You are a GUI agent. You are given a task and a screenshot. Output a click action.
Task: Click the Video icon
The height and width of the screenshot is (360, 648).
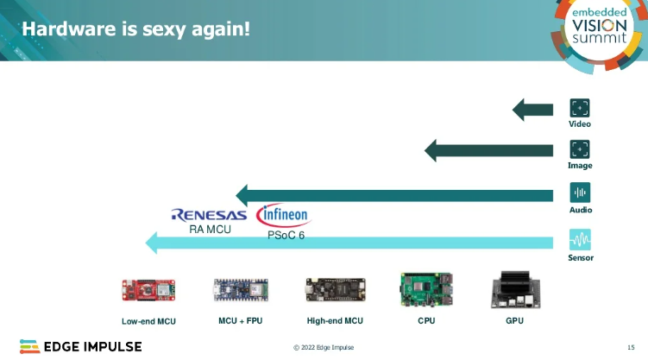pos(579,109)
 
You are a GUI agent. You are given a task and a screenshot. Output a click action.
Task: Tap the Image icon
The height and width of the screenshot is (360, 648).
pos(579,149)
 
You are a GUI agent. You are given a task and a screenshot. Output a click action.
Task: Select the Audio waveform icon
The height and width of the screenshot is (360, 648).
pos(579,193)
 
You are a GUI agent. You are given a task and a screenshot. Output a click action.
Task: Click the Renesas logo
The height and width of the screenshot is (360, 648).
pos(209,215)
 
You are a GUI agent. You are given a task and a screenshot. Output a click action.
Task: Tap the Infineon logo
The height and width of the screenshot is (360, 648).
pos(282,215)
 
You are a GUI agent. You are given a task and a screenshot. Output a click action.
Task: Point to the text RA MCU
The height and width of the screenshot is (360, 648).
pos(207,230)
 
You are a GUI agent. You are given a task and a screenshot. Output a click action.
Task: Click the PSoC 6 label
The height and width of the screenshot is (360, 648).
pos(286,236)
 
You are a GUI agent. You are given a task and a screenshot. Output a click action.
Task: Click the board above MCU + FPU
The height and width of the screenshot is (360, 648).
pos(239,292)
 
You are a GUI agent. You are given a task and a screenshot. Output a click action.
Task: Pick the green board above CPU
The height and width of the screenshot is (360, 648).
pos(425,291)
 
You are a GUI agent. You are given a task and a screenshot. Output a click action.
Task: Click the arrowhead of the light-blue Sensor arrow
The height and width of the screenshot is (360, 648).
pos(154,243)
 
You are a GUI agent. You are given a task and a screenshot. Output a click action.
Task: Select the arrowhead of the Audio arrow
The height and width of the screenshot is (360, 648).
pos(244,195)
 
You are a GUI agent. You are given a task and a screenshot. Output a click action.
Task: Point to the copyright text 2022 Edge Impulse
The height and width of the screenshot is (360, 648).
pos(323,347)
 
